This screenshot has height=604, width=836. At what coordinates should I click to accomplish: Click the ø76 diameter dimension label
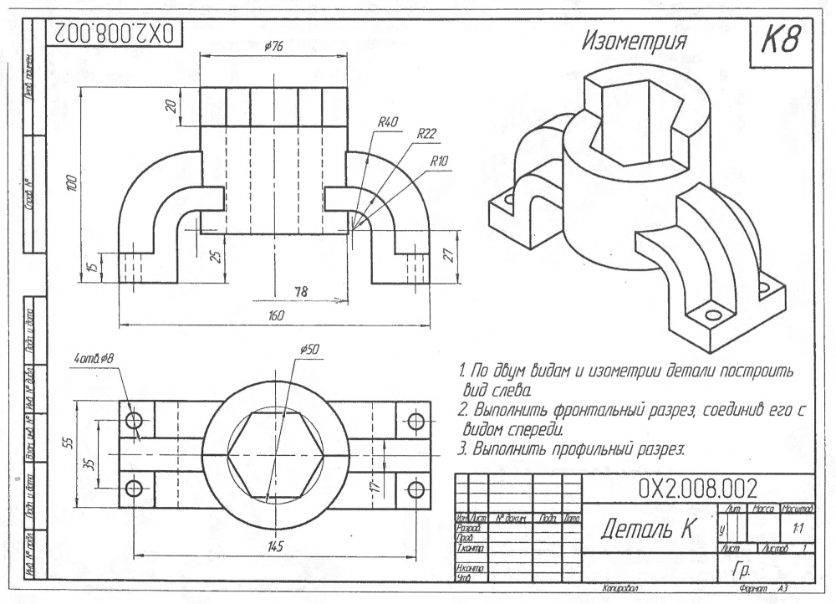273,48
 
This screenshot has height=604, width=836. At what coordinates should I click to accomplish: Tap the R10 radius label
441,161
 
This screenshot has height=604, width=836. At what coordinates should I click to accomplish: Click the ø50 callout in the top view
308,349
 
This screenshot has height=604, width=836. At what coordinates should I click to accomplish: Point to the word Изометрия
635,43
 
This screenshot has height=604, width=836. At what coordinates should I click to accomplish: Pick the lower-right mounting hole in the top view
415,489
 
